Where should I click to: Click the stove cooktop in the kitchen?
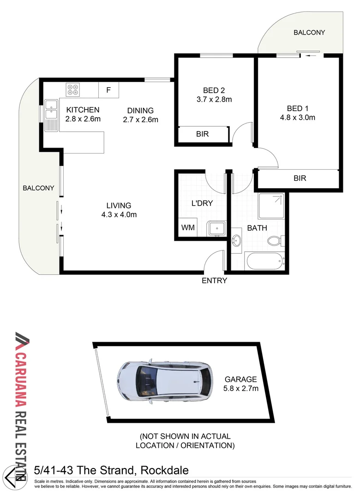73,89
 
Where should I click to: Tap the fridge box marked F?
108,90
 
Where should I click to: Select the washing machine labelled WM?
187,228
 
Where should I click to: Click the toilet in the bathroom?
276,240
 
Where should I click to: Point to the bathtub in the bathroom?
264,262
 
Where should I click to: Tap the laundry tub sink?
216,228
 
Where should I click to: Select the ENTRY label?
215,280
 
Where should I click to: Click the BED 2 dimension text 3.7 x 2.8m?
214,99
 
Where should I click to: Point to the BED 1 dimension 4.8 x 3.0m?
298,118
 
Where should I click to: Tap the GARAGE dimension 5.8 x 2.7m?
240,388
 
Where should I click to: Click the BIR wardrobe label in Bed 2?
203,134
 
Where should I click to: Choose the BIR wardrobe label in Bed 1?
300,178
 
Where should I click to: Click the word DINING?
141,111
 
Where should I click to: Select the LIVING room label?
119,206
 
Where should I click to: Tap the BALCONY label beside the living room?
39,188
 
